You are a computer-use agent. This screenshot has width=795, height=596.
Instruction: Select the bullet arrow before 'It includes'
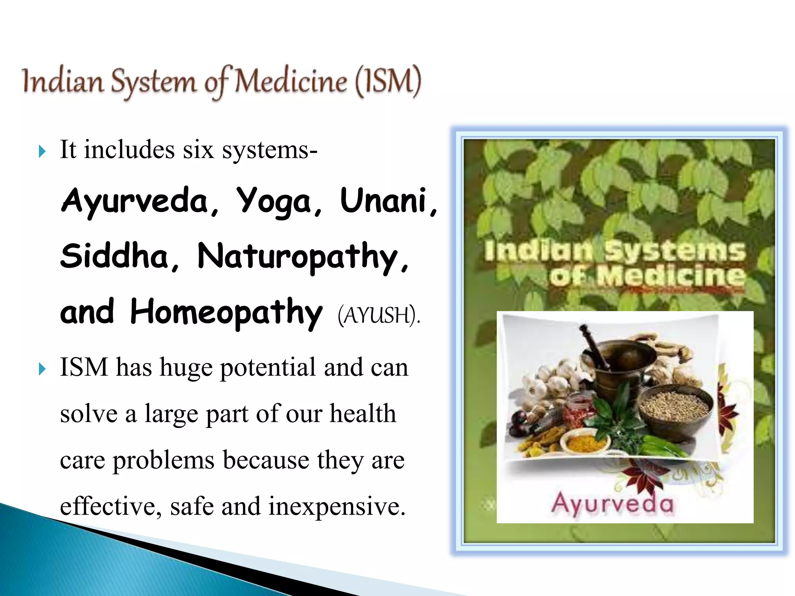tap(42, 151)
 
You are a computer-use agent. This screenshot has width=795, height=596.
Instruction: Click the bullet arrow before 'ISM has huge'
tap(42, 369)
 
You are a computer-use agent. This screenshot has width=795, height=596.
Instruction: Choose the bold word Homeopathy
tap(226, 312)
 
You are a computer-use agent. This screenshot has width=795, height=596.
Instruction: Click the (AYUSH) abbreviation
tap(378, 315)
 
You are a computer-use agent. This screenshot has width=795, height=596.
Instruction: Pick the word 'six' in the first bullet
tap(198, 150)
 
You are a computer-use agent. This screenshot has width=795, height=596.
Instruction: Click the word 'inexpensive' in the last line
tap(337, 506)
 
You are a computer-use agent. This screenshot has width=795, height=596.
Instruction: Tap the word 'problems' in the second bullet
tap(163, 461)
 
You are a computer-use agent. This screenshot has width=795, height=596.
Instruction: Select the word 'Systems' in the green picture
tap(675, 251)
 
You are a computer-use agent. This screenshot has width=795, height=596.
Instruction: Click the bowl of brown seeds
tap(675, 407)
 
